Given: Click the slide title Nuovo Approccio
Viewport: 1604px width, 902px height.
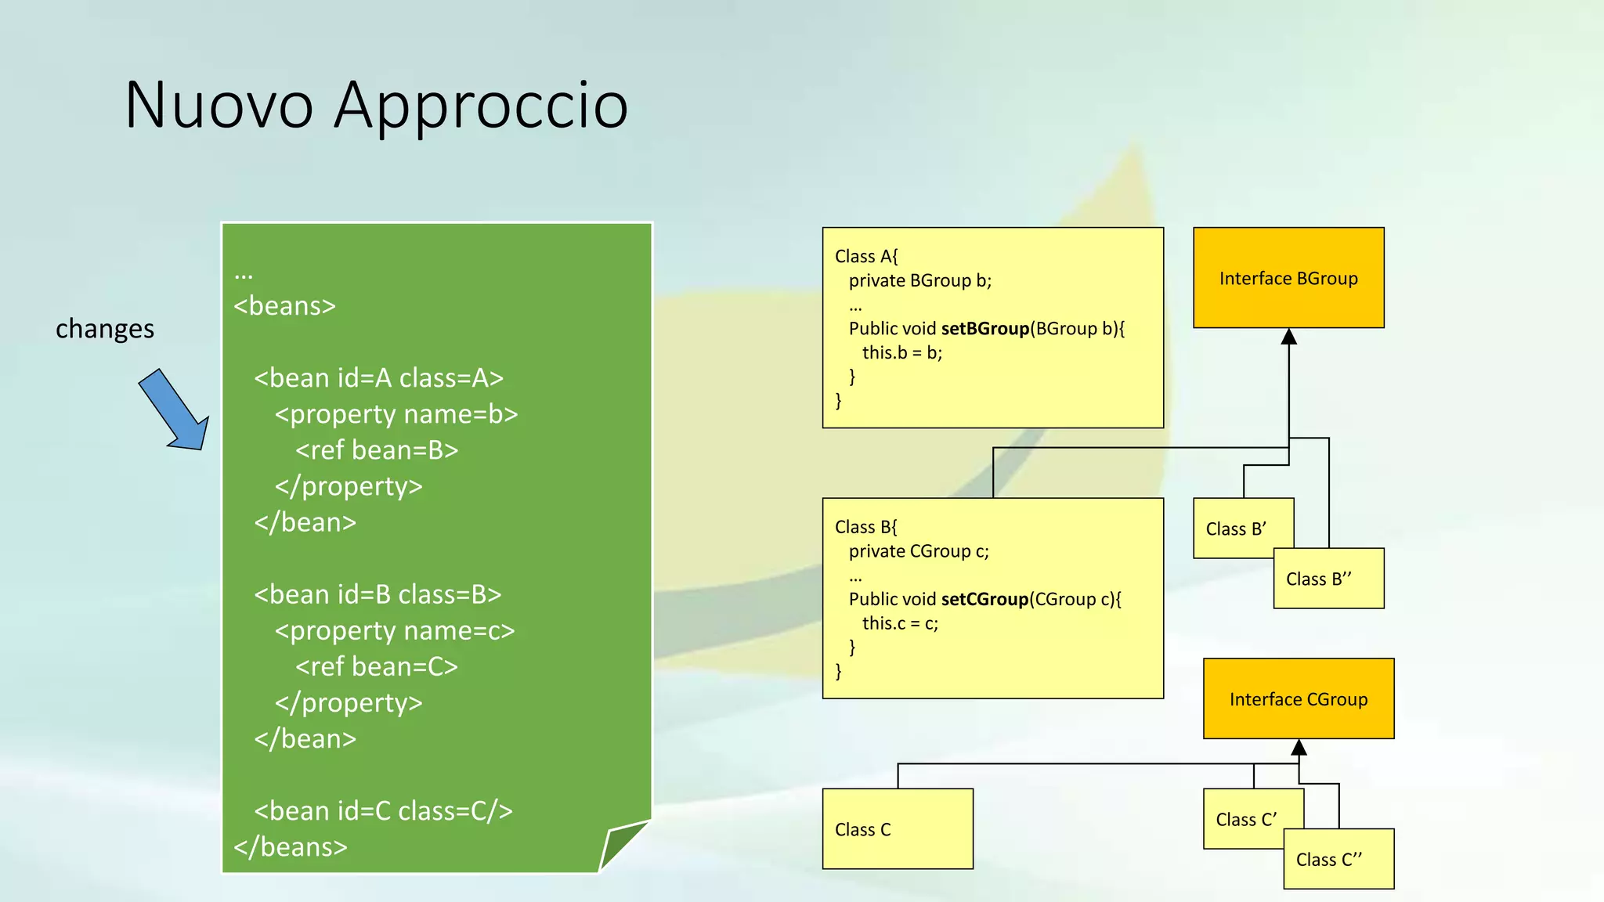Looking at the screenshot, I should click(376, 105).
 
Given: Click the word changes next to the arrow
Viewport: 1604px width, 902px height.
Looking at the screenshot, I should click(105, 329).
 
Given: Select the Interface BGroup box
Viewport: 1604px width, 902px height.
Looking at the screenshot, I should click(1288, 278).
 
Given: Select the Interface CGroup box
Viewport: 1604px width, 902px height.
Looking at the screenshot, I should click(1299, 699).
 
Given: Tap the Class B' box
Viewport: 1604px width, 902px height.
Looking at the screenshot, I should click(1235, 529).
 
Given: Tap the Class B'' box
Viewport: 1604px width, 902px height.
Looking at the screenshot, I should click(1328, 579).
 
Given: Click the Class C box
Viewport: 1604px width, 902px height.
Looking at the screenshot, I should click(898, 829).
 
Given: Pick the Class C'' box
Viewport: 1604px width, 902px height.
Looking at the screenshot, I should click(1338, 860).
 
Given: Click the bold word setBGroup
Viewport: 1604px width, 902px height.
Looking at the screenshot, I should click(985, 329).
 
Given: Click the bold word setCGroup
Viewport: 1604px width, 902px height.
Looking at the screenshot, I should click(985, 599).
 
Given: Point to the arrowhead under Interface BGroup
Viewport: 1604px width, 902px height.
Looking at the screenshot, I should click(1289, 337).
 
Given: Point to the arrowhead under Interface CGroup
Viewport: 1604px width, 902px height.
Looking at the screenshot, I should click(1299, 747).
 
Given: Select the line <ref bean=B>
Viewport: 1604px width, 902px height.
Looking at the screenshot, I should click(377, 450).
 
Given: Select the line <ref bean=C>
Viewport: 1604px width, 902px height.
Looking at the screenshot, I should click(377, 666).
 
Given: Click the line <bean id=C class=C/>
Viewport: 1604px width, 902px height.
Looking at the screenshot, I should click(383, 811).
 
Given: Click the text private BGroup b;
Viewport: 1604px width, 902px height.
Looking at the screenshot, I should click(919, 280).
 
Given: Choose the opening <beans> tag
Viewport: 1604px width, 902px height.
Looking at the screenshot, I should click(284, 305).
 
